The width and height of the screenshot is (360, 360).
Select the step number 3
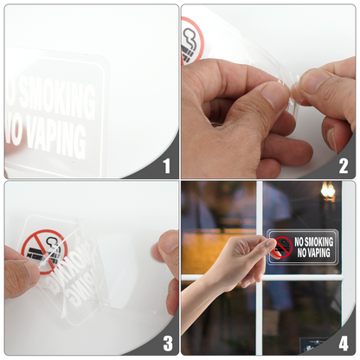coord(166,343)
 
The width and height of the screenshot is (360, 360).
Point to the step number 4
coord(344,343)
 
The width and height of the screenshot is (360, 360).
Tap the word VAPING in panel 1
coord(52,138)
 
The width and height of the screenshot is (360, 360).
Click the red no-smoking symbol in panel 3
coord(44,253)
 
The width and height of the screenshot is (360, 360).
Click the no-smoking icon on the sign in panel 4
coord(281,247)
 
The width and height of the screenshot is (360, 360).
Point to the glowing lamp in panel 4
coord(328,190)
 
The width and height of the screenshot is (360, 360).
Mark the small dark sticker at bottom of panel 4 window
coord(312,345)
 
